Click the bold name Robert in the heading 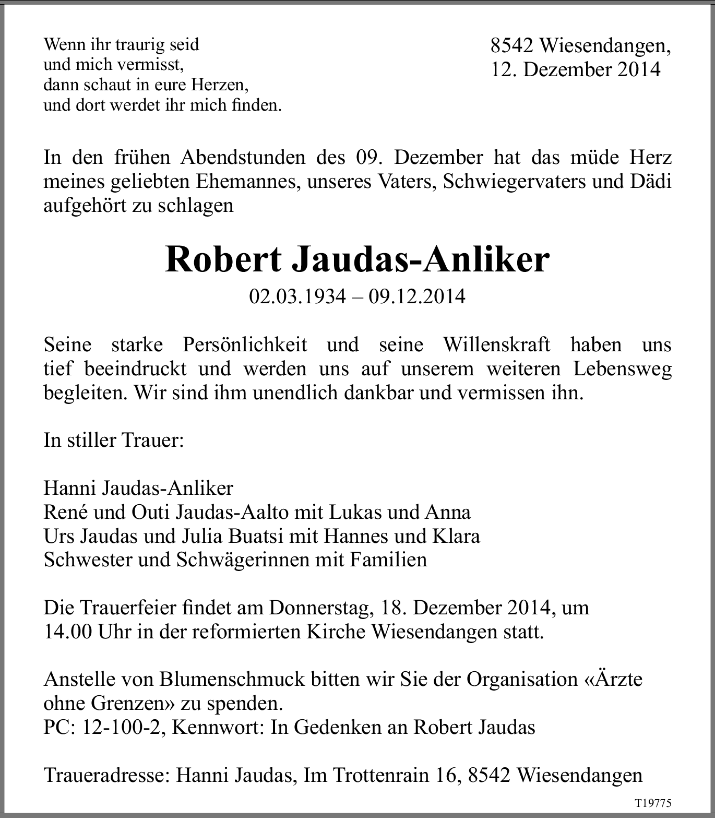(x=223, y=259)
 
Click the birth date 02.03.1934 (x=297, y=296)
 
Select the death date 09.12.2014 (x=416, y=296)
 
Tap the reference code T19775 (x=652, y=803)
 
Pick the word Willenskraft (x=496, y=345)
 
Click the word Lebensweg (x=622, y=369)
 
